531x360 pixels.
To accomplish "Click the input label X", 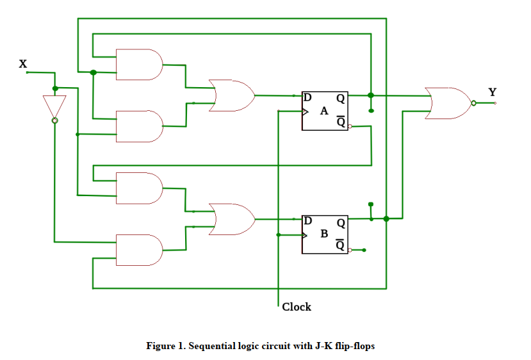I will (23, 63).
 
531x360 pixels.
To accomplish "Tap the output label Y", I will (492, 92).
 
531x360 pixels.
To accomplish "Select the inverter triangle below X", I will (54, 105).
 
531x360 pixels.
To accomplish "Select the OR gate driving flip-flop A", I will (231, 95).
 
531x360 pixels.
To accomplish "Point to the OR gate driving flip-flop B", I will (231, 219).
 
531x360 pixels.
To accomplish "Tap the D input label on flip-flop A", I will (308, 98).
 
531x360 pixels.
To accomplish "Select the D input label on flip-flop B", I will (308, 221).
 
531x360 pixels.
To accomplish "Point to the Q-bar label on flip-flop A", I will (341, 122).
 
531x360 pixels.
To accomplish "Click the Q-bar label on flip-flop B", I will (341, 245).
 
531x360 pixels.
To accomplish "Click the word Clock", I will (297, 307).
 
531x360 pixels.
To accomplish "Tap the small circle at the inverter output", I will (54, 120).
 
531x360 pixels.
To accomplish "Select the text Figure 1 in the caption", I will (165, 346).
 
